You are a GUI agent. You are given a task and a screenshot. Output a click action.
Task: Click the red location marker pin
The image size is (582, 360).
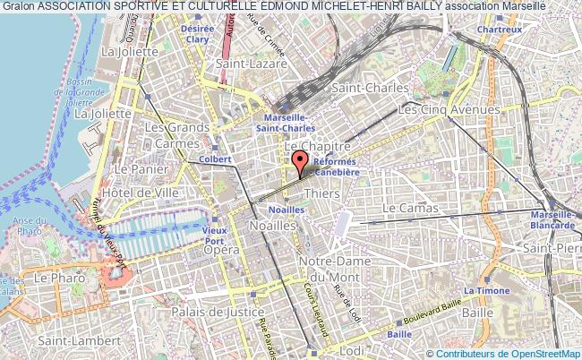click(x=299, y=163)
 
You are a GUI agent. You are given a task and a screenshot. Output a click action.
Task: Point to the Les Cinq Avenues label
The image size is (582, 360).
click(x=449, y=109)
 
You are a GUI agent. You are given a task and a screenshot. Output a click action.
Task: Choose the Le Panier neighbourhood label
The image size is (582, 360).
click(x=135, y=168)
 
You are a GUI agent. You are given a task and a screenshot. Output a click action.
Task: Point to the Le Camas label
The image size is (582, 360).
click(x=410, y=208)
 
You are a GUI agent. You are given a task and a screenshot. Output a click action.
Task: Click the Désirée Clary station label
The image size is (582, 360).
click(x=198, y=33)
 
